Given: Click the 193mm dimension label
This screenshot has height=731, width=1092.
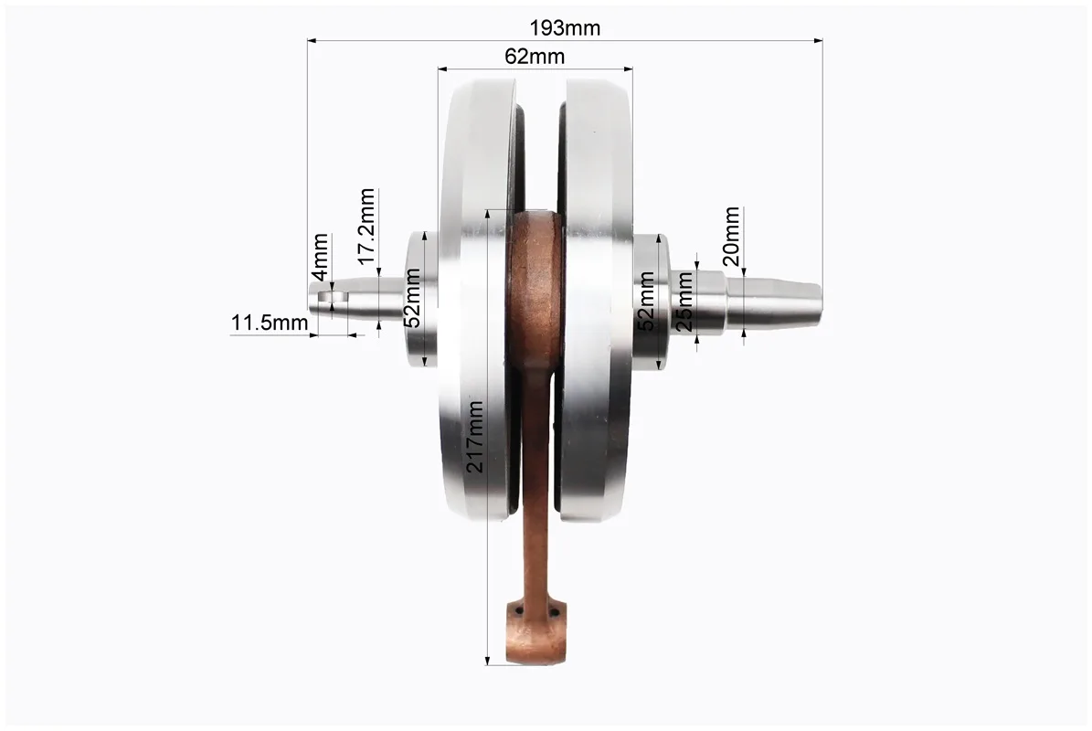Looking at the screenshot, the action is [565, 27].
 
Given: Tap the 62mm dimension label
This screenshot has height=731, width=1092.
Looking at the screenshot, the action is [535, 57].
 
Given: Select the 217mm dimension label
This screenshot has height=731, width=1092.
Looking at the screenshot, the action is [475, 437].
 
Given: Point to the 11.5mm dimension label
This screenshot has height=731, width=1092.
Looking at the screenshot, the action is [270, 323].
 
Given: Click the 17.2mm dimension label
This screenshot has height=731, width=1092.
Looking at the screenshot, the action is [367, 227].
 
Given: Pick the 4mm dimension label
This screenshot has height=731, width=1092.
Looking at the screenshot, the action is [320, 257].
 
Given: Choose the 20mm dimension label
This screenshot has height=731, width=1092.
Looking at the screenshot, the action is [731, 236].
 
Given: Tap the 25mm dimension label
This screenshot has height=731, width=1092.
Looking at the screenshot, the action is [684, 302].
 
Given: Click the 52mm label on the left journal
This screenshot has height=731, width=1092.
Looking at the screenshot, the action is [412, 298].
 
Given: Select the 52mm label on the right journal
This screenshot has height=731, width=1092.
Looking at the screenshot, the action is [646, 302].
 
